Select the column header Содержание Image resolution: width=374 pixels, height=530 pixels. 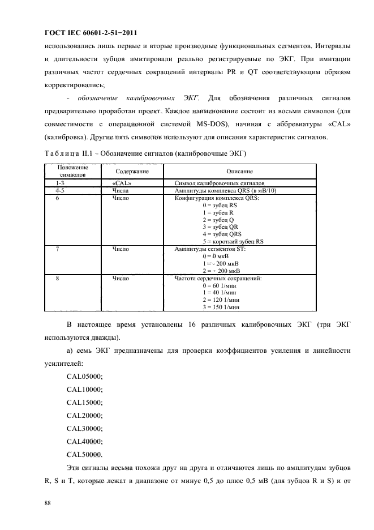[132, 171]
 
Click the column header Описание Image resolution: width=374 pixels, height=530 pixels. [239, 171]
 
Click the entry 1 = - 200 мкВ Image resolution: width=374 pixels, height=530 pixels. [221, 263]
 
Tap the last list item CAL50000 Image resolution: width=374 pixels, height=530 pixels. [84, 454]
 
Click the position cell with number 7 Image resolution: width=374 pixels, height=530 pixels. [58, 249]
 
